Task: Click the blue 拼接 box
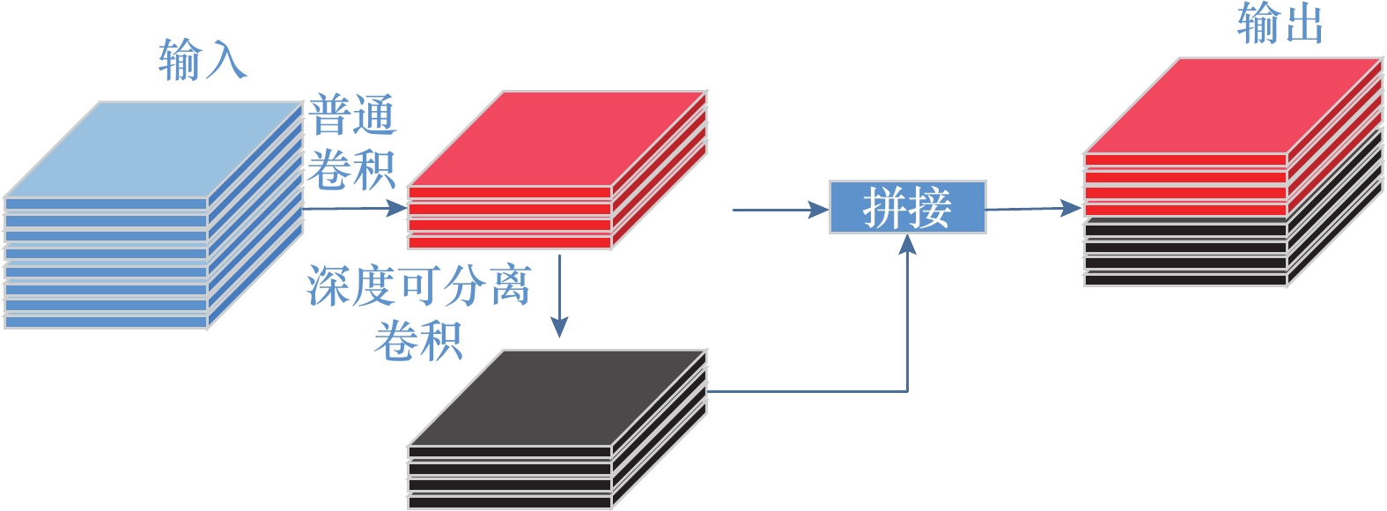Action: [x=907, y=207]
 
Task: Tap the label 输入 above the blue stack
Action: [x=203, y=60]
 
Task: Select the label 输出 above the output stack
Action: [x=1280, y=24]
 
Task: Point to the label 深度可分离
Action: [x=418, y=285]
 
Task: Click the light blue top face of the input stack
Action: [x=154, y=148]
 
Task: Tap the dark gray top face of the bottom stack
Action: [x=557, y=397]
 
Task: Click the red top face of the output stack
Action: [x=1233, y=106]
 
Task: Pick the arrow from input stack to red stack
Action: [x=352, y=209]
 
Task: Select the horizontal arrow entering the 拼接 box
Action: [x=779, y=210]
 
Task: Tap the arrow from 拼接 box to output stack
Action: [x=1032, y=209]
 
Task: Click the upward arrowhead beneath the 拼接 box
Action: [x=907, y=244]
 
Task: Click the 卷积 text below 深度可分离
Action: [x=418, y=341]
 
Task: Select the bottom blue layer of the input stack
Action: [x=106, y=322]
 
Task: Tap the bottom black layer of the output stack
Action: [x=1185, y=280]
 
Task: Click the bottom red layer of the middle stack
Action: [x=509, y=242]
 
